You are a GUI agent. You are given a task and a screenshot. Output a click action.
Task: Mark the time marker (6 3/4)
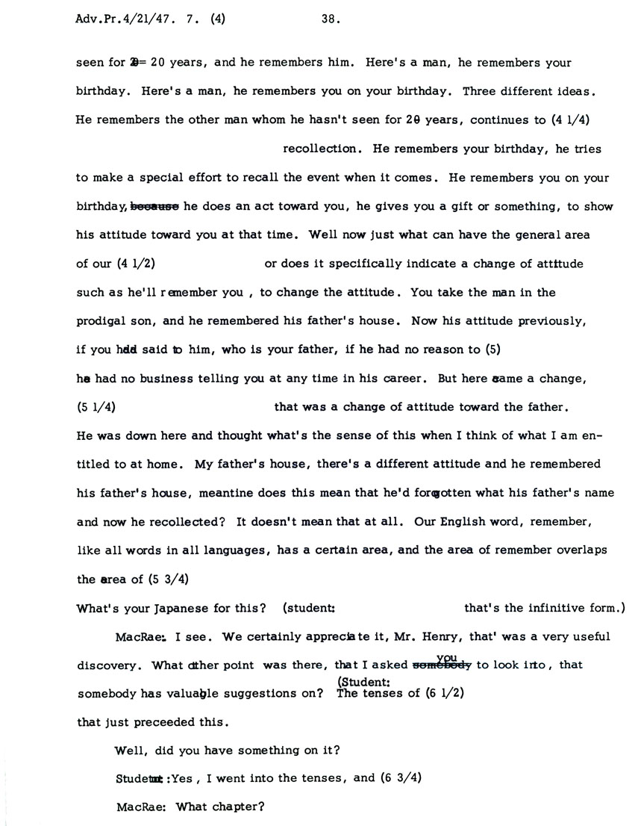401,777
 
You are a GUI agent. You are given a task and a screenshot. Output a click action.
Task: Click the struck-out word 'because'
156,206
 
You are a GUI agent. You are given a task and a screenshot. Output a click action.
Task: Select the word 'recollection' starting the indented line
322,149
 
